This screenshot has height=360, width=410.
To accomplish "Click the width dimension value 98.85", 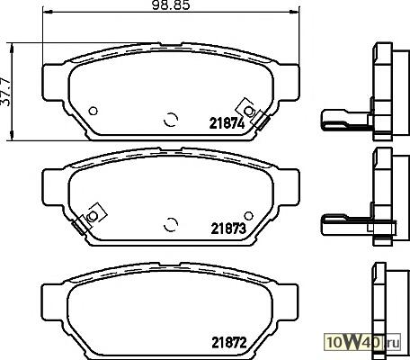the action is point(171,5).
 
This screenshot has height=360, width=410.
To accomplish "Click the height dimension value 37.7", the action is point(6,92).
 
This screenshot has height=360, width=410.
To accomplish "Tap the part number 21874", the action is point(227,123).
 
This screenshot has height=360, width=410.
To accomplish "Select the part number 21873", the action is point(228,229).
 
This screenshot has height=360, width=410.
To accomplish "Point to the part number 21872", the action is point(229,342).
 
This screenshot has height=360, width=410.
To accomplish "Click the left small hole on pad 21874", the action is point(94,111).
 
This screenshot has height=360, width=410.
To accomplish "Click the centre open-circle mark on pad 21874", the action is point(171,120).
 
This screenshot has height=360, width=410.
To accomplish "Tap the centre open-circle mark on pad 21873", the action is point(171,224).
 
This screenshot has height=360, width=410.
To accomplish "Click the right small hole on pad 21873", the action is point(248,215).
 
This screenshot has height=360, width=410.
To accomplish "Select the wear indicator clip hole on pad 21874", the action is point(248,111).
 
